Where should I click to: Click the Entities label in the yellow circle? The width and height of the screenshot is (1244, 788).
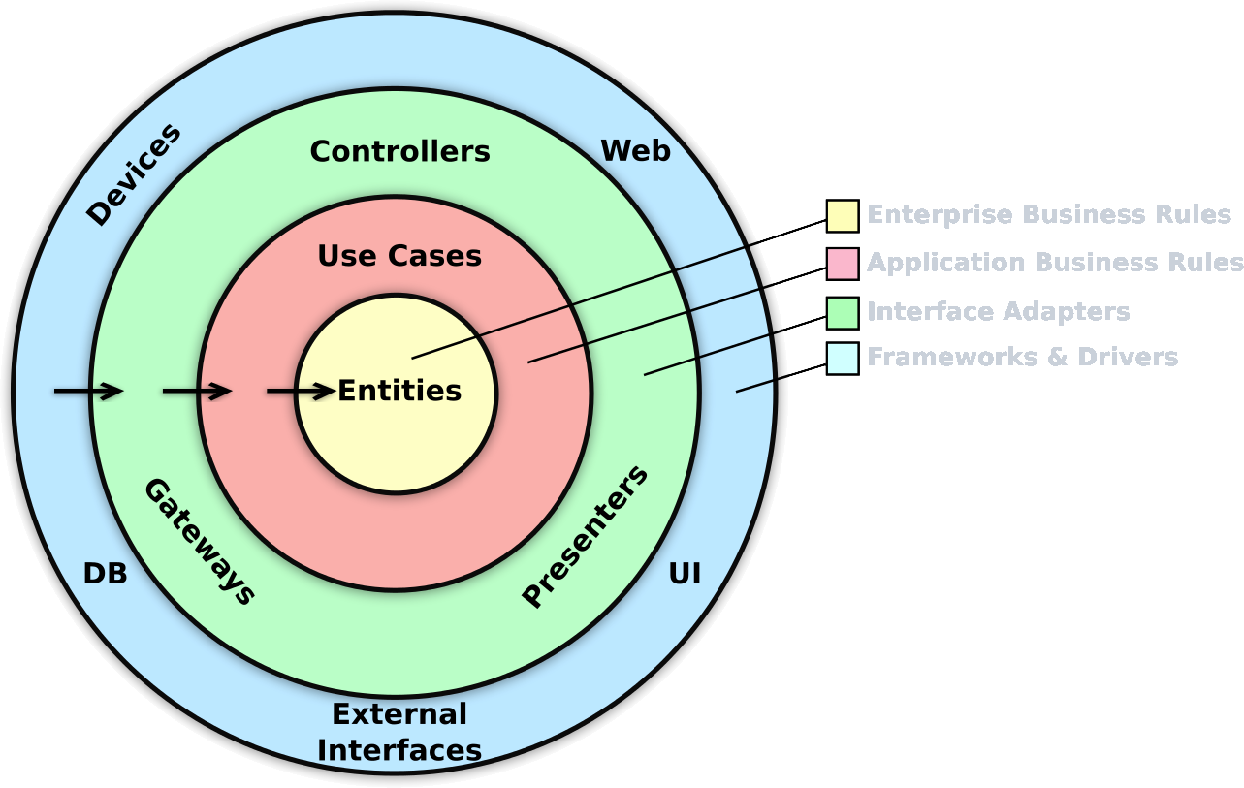click(399, 392)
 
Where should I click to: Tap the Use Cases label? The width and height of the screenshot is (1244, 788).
click(399, 256)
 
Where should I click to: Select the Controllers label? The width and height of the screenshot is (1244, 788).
click(399, 152)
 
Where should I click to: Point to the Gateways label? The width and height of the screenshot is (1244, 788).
click(200, 542)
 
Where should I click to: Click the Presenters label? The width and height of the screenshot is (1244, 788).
click(585, 537)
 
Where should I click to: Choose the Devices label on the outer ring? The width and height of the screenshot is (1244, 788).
click(134, 174)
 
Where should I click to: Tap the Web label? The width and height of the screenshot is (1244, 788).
click(635, 151)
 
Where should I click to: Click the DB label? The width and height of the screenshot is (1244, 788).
click(105, 574)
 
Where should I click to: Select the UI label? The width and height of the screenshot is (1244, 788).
click(685, 574)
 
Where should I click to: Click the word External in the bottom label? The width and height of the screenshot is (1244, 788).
click(399, 714)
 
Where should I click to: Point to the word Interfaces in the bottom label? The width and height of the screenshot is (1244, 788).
click(399, 751)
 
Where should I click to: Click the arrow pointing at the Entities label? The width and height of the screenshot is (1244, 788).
click(301, 392)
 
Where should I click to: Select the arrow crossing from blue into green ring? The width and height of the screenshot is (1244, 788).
click(88, 392)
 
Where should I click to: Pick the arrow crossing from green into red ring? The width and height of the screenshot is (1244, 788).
click(197, 392)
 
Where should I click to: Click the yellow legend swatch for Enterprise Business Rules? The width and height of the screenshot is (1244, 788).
click(843, 215)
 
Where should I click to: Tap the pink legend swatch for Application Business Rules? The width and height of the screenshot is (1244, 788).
click(843, 264)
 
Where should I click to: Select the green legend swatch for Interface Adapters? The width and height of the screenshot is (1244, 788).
click(843, 312)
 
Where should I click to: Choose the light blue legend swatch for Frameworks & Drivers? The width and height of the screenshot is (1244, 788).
click(843, 358)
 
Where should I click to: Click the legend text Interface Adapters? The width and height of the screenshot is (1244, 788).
click(998, 312)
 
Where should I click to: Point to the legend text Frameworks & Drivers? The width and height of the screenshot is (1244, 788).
click(1022, 358)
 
